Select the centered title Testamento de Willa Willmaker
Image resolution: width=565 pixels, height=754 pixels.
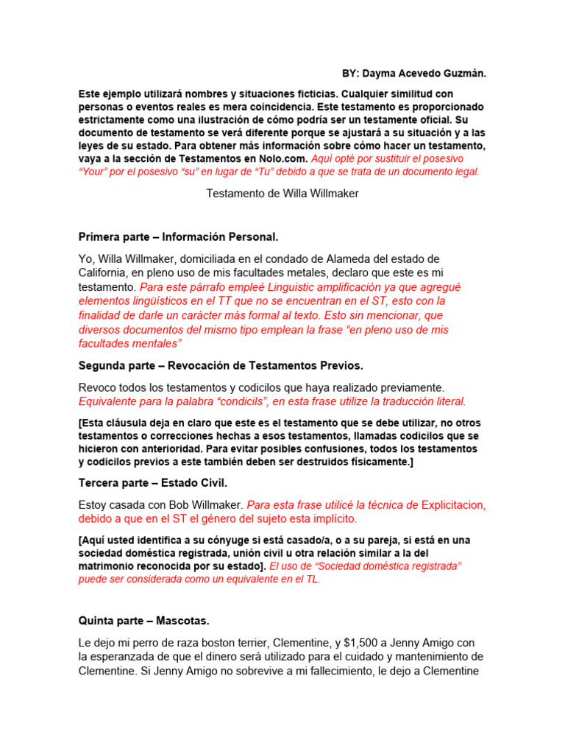(x=282, y=194)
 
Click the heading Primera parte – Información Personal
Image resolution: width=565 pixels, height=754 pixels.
(x=178, y=237)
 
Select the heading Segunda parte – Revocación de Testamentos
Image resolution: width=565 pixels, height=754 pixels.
(x=221, y=365)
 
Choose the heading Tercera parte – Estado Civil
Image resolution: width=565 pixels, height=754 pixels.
(x=153, y=483)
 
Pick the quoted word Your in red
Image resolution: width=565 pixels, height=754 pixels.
(x=98, y=172)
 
